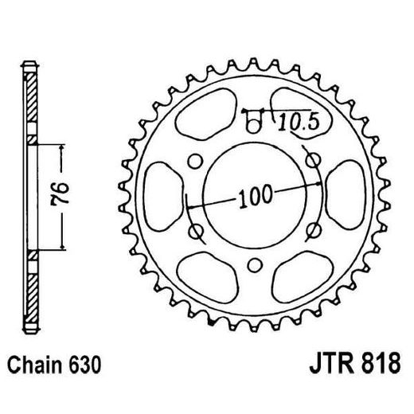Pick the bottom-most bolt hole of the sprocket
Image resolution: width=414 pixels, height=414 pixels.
point(255,265)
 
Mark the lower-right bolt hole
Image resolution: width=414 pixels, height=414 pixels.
point(314,230)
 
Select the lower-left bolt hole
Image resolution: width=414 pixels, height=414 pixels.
point(195,230)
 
